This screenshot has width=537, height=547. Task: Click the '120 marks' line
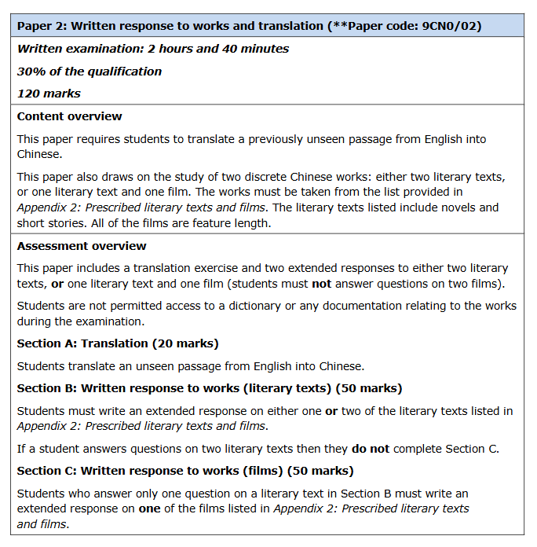pos(49,94)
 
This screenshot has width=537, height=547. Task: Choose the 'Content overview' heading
pos(70,116)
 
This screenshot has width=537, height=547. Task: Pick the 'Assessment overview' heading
pos(82,246)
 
